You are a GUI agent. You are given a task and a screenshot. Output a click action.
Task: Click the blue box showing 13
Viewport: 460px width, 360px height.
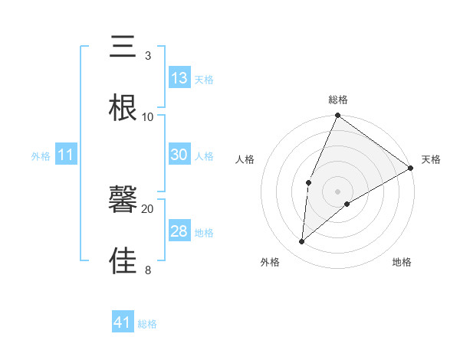[x=179, y=78]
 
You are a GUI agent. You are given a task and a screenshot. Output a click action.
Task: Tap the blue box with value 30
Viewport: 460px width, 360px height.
[x=179, y=155]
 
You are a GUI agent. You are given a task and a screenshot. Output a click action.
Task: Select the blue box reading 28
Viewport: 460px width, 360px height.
[x=179, y=231]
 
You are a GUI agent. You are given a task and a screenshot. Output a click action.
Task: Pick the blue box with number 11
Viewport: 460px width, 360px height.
[x=67, y=155]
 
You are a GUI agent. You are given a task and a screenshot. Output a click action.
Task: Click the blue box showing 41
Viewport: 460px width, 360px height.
[x=123, y=322]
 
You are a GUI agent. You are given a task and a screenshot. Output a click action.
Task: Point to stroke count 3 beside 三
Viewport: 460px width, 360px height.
[x=147, y=56]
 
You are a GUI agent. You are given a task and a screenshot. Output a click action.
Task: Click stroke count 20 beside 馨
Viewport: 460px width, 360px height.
[x=147, y=208]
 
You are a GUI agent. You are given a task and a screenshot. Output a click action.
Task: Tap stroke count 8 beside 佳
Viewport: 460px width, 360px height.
[x=147, y=270]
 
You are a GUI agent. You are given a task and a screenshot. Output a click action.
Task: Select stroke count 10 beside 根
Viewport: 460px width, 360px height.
[x=147, y=117]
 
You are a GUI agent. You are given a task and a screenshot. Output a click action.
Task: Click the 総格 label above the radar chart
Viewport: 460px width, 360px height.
[x=338, y=100]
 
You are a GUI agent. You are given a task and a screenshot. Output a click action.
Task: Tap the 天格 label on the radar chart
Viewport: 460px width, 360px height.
[x=431, y=159]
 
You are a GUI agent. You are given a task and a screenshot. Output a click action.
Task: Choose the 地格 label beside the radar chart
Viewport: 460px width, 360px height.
[x=402, y=262]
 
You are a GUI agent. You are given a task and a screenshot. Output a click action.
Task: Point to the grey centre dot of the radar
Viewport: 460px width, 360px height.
[x=337, y=191]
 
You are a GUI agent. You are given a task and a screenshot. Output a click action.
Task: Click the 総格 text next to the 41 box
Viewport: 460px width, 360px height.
[x=147, y=324]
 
